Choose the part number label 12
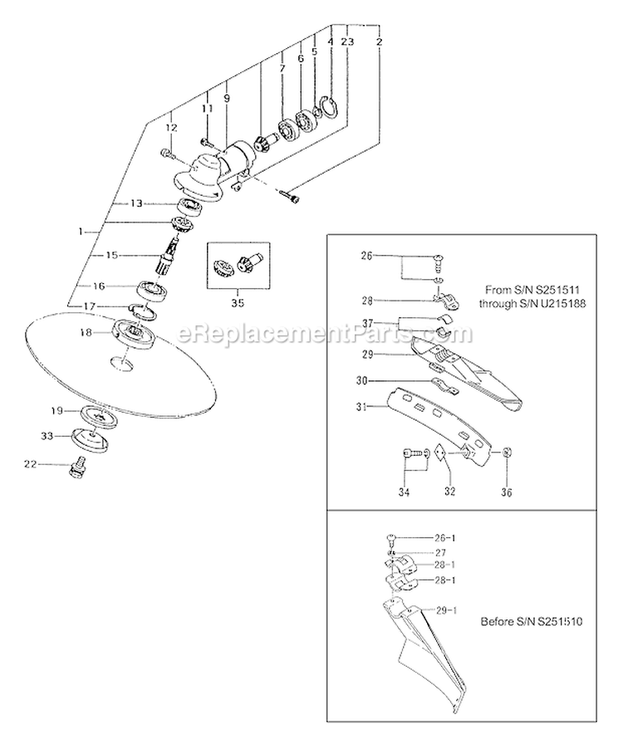point(172,128)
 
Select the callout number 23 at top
point(347,41)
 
